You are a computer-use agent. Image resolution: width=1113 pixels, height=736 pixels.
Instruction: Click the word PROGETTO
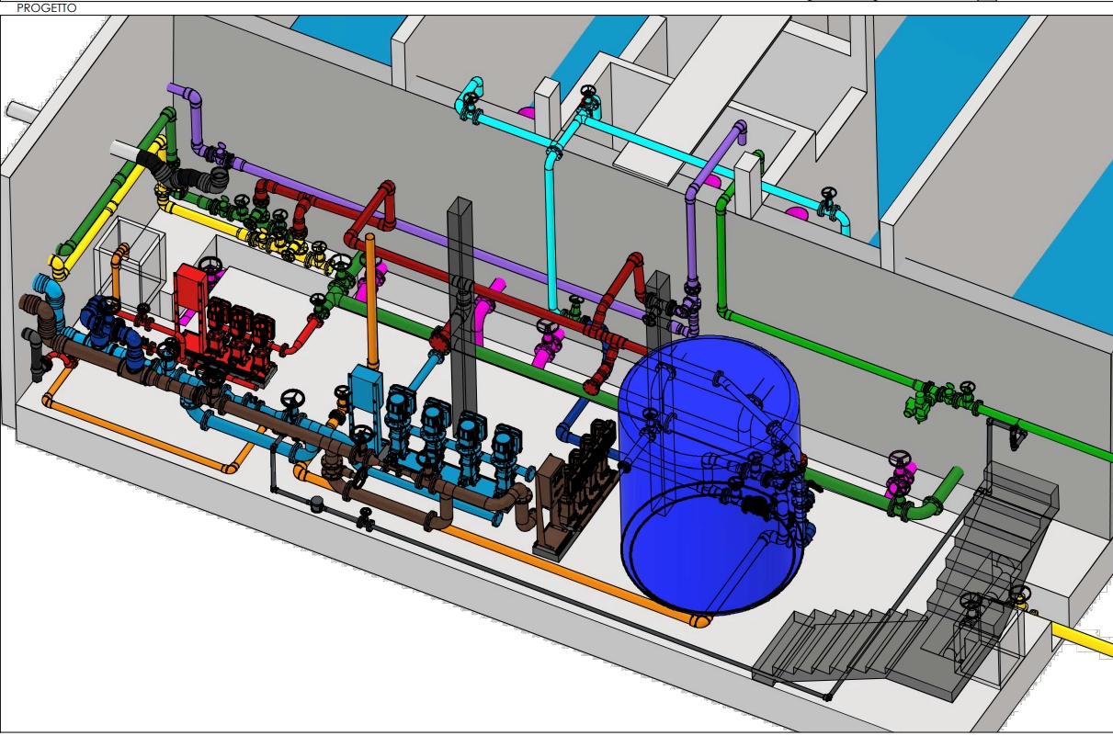pos(47,8)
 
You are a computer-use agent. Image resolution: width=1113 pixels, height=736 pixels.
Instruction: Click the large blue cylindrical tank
pos(710,474)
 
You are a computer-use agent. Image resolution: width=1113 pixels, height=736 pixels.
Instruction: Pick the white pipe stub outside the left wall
pos(22,110)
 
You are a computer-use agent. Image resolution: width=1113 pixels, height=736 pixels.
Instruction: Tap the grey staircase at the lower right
pos(909,596)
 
